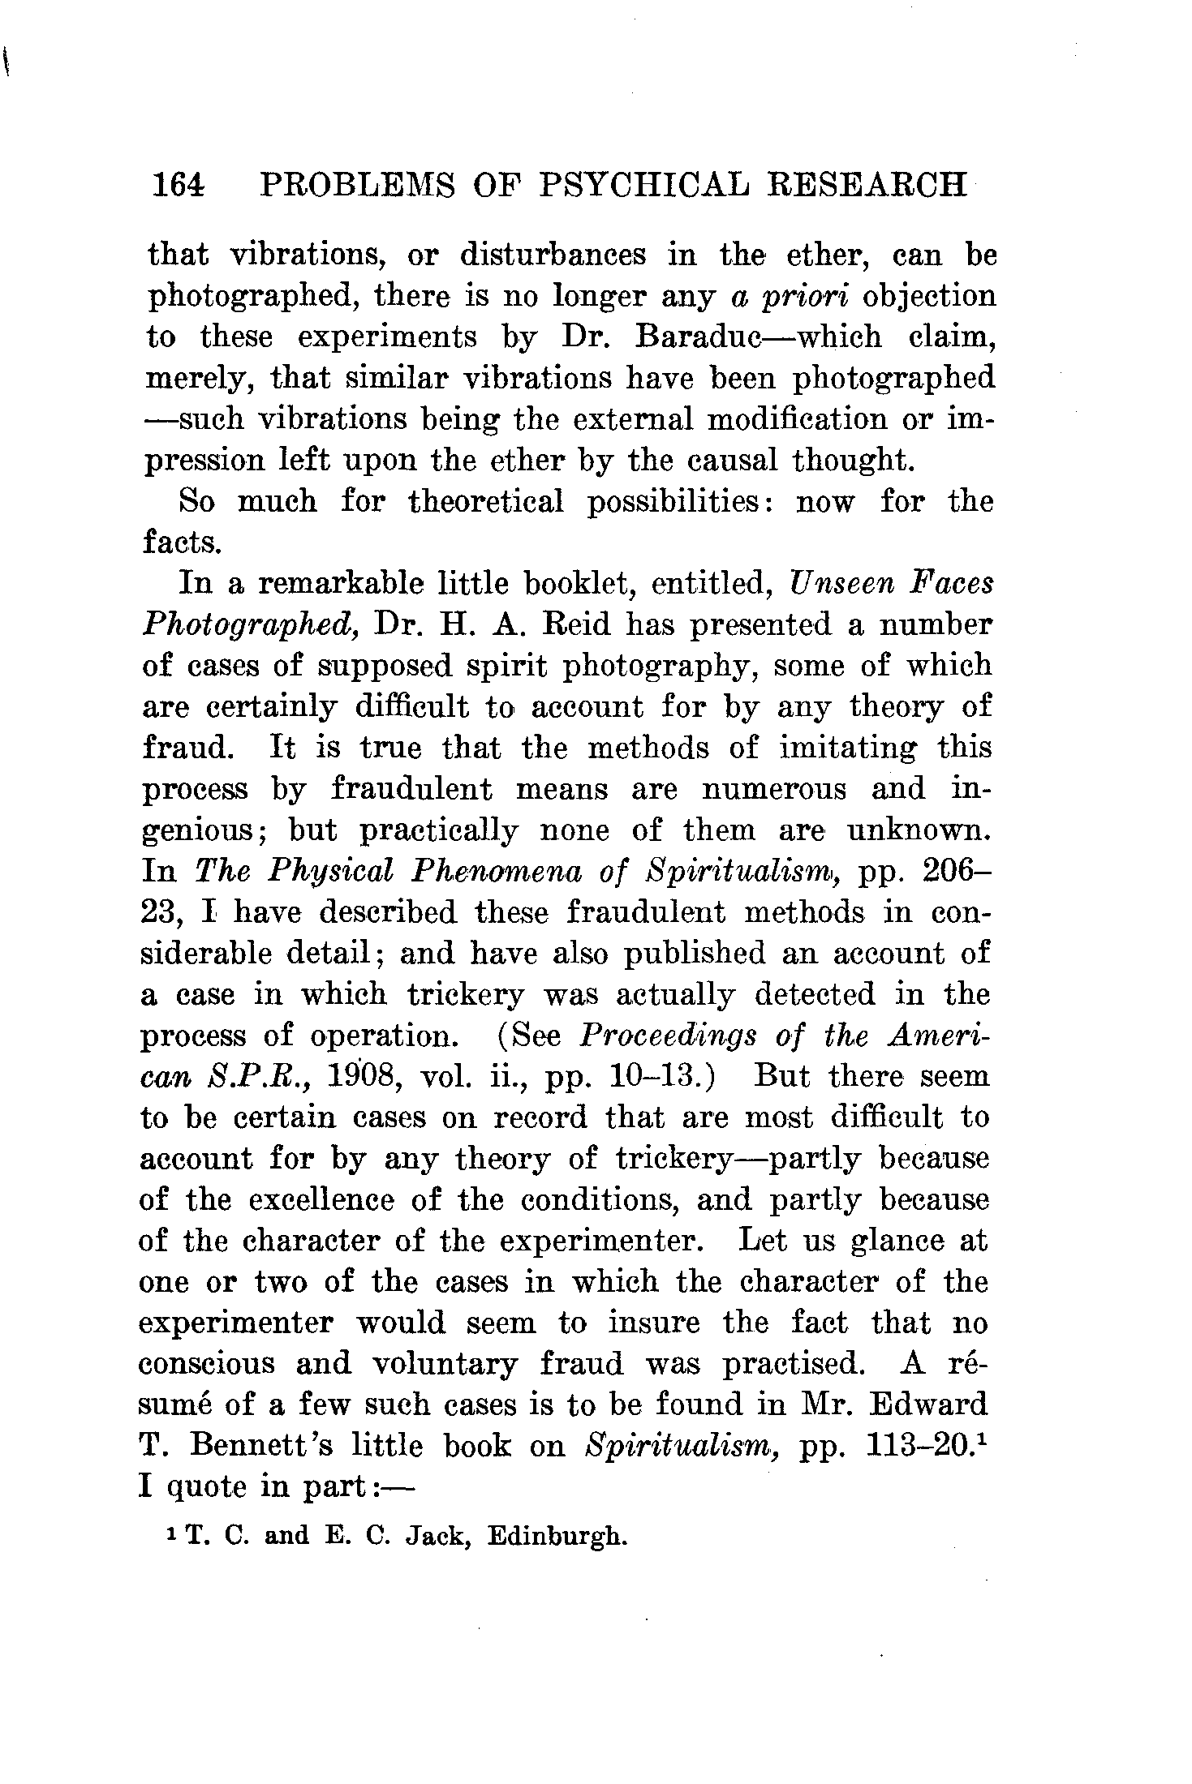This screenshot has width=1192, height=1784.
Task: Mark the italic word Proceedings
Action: point(669,1036)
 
